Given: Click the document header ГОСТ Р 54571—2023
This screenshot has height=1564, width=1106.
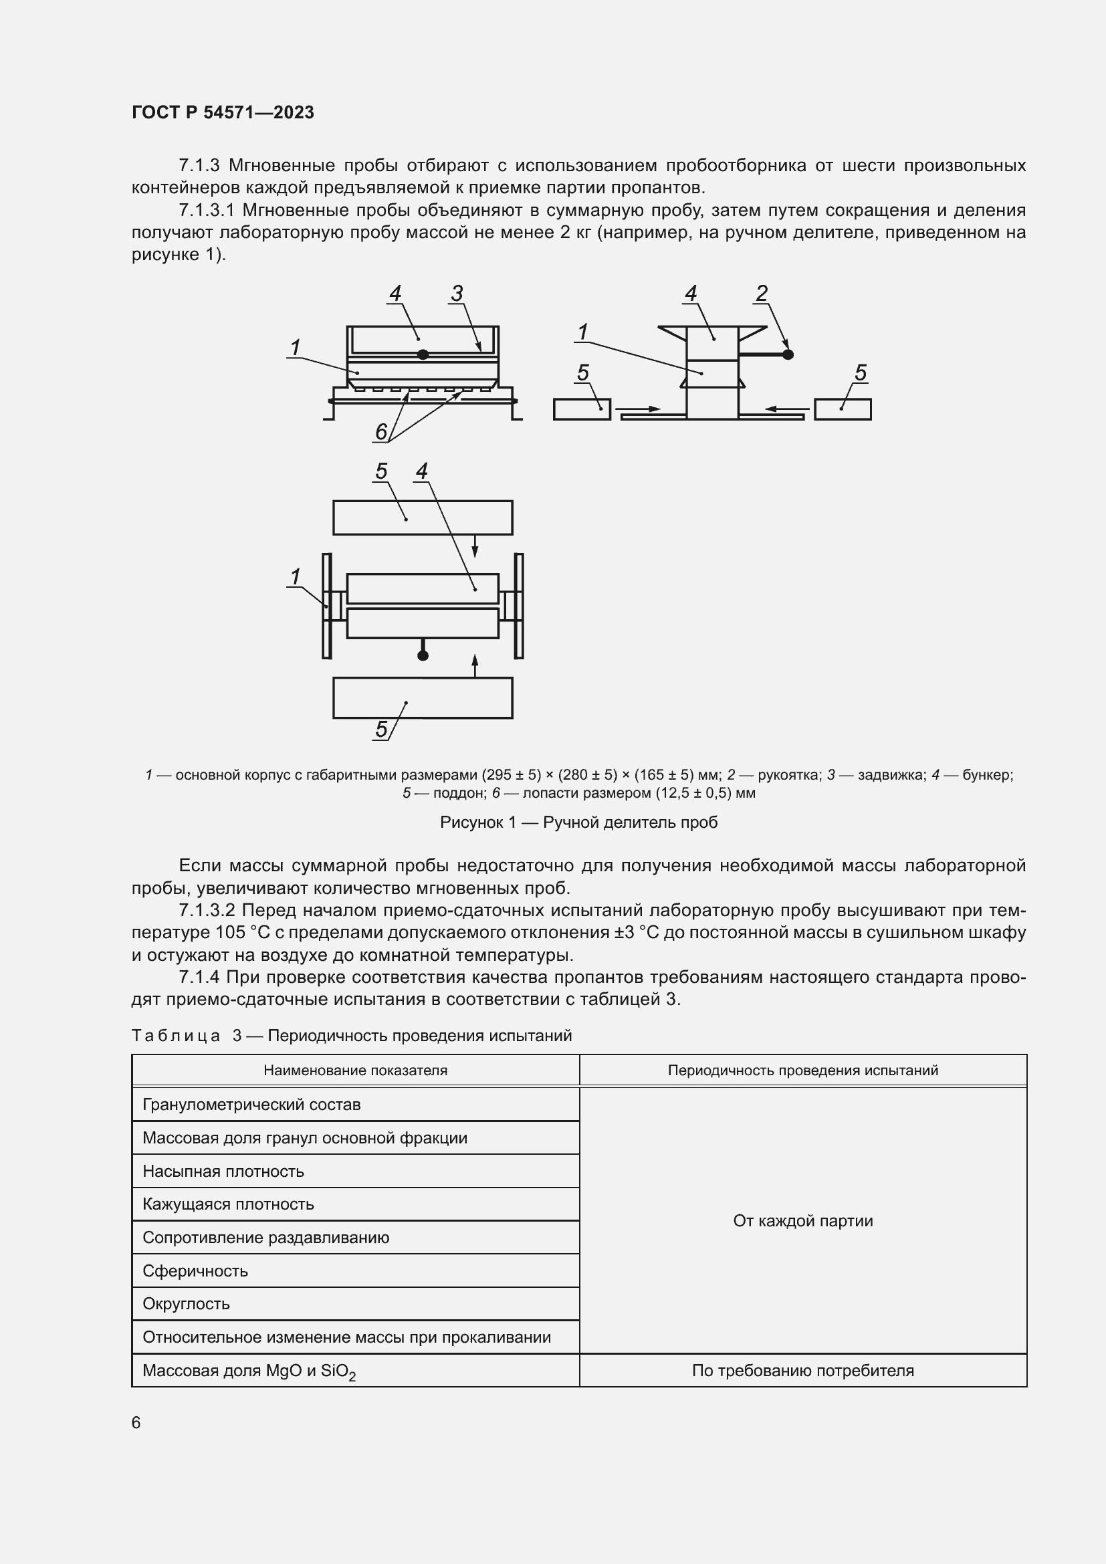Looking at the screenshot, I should coord(223,112).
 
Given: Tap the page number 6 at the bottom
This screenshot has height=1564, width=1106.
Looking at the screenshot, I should coord(136,1422).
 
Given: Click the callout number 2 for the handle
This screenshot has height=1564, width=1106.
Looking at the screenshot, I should coord(762,294).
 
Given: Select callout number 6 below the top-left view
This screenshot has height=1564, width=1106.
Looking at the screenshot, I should coord(381,431).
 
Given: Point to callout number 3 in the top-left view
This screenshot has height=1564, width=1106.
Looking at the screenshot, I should coord(457,294).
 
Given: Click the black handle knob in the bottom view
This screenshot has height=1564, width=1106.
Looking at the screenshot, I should coord(423,655).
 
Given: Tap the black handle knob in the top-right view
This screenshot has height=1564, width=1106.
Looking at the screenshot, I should coord(788,354).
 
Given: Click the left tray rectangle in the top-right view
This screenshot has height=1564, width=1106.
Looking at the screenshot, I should coord(582,409).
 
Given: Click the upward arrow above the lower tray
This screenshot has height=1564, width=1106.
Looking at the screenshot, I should coord(475,665).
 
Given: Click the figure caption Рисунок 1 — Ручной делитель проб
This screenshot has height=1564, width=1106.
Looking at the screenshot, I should coord(578,822).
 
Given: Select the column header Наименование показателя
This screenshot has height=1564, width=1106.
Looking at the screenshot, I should coord(355,1070).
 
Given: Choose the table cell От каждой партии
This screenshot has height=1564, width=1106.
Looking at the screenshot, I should coord(802,1221).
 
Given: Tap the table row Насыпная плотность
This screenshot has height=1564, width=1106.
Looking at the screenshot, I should coord(223,1171).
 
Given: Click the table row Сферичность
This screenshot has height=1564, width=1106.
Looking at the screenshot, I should coord(195,1271).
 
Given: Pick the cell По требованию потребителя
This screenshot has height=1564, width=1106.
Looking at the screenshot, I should coord(802,1371).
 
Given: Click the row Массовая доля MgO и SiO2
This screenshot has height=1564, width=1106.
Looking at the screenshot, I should coord(249,1371).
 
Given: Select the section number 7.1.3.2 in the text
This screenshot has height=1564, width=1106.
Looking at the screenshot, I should coord(207,911).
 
